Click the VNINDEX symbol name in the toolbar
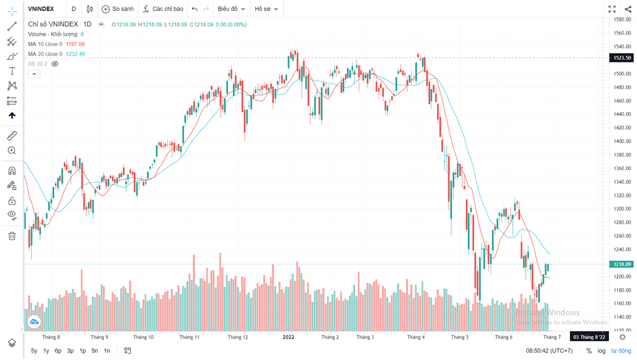[41, 9]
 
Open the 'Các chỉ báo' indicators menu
[163, 9]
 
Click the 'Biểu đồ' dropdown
[231, 9]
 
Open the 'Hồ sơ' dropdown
[265, 9]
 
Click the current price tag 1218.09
[621, 264]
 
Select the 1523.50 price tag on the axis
[621, 58]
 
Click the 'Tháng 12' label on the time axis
[237, 337]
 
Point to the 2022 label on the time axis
[288, 337]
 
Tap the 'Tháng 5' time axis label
[459, 337]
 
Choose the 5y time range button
[34, 351]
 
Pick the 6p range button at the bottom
[58, 351]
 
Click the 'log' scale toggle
[602, 351]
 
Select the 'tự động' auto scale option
[621, 351]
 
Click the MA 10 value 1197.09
[75, 44]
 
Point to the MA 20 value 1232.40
[75, 54]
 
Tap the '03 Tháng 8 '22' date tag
[588, 337]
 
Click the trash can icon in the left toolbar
[12, 236]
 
